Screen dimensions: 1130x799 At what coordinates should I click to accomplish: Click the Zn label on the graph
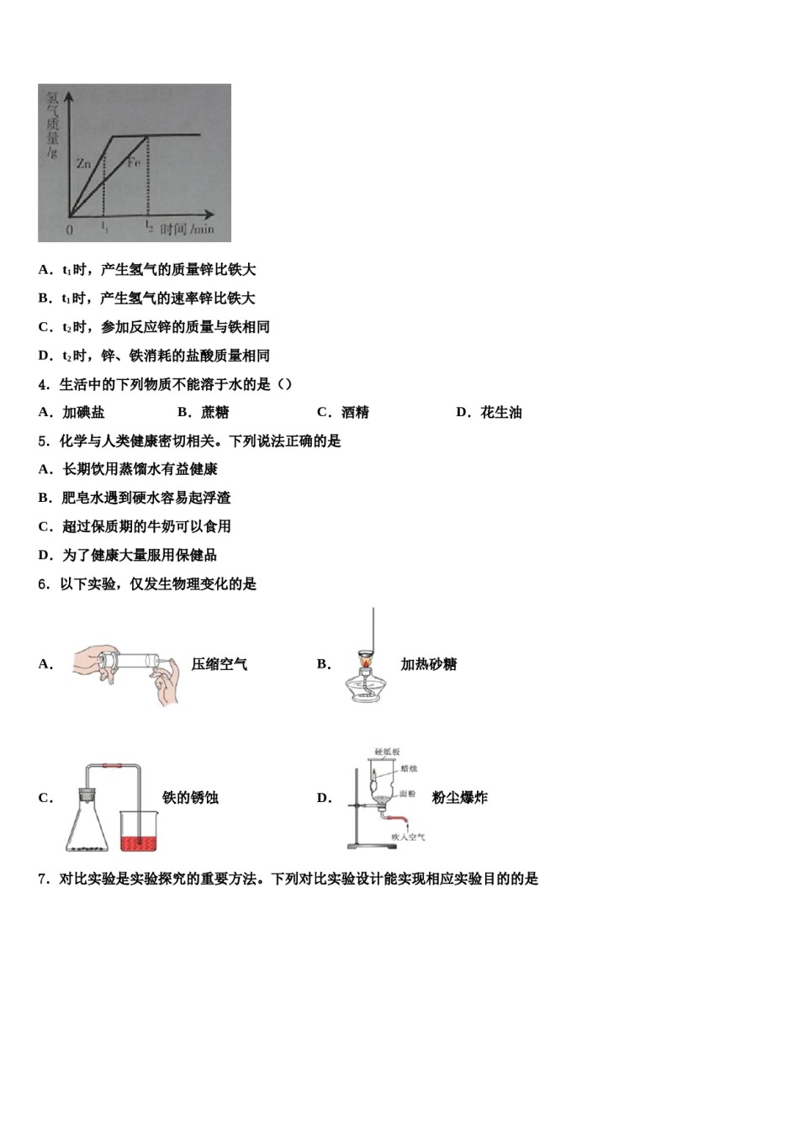(x=83, y=164)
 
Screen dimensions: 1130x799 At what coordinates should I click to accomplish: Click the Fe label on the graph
(x=134, y=161)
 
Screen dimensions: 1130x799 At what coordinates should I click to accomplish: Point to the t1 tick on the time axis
(x=104, y=226)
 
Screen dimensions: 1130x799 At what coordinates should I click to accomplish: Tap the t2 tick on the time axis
(x=149, y=226)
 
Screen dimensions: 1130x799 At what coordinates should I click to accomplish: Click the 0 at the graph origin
(x=70, y=229)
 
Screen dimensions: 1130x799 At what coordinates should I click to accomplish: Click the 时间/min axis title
(x=187, y=229)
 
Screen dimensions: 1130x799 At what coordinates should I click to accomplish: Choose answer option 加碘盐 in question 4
(x=83, y=412)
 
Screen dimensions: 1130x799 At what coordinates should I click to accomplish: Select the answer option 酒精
(x=355, y=412)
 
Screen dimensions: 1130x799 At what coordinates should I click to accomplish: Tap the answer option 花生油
(x=501, y=412)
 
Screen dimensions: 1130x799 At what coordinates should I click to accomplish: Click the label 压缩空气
(x=220, y=664)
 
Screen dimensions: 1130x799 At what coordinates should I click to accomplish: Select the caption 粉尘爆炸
(x=459, y=797)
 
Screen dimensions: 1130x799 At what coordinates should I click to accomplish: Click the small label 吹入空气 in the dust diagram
(x=408, y=837)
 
